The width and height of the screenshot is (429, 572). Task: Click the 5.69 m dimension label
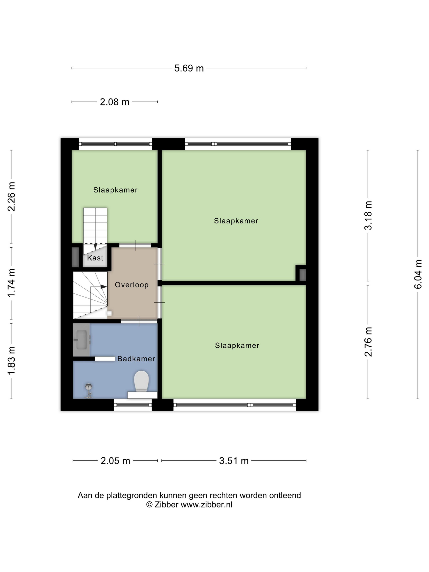point(189,68)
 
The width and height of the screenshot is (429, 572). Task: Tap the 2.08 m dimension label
point(115,102)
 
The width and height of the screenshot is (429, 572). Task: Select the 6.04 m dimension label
point(418,274)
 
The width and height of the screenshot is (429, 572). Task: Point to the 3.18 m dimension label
point(368,215)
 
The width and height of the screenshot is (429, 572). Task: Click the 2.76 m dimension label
point(368,342)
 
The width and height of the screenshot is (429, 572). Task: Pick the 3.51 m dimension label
point(234,461)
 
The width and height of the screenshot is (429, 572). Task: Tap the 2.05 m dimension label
point(115,461)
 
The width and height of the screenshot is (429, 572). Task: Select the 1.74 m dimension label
point(11,283)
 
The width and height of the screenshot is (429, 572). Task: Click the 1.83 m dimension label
point(11,360)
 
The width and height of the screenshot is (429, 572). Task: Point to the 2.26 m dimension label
point(11,197)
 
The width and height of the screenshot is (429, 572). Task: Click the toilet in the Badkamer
point(141,381)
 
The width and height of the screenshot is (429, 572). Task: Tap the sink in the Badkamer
point(81,340)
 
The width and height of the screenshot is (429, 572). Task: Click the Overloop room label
point(132,285)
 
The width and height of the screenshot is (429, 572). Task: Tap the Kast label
point(95,258)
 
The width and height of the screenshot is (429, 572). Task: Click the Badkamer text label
point(136,359)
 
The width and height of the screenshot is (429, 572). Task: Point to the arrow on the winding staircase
point(103,287)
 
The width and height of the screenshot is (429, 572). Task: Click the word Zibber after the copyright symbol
point(166,505)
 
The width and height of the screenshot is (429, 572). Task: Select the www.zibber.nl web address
point(206,505)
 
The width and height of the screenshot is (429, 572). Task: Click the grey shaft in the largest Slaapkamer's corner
point(303,275)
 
